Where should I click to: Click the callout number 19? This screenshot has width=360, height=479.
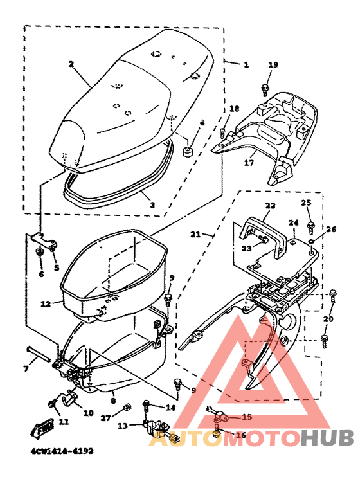tap(273, 65)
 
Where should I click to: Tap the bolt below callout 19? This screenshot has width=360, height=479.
tap(265, 88)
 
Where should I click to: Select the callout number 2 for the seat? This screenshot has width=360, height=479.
tap(71, 64)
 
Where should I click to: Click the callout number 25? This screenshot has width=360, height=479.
tap(306, 203)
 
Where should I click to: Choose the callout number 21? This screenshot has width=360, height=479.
tap(196, 234)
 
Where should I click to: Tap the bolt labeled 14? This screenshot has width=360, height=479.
tap(147, 406)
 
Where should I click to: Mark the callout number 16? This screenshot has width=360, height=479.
tap(241, 435)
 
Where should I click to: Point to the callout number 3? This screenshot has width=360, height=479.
tap(152, 205)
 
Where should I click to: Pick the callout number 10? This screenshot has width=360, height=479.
tap(88, 413)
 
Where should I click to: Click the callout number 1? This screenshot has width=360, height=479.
tap(246, 64)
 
